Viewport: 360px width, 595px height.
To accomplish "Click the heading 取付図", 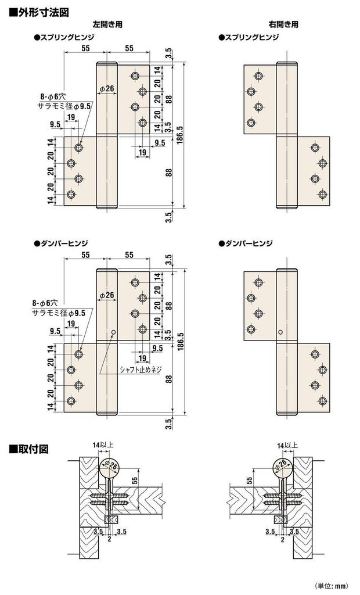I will pos(32,449).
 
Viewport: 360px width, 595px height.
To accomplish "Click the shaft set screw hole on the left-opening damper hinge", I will pos(113,333).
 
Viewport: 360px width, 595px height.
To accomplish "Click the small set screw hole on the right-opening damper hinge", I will pos(280,333).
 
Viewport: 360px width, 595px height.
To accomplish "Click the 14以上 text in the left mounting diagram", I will pos(103,445).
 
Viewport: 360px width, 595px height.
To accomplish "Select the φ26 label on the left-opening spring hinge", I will pos(106,89).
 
